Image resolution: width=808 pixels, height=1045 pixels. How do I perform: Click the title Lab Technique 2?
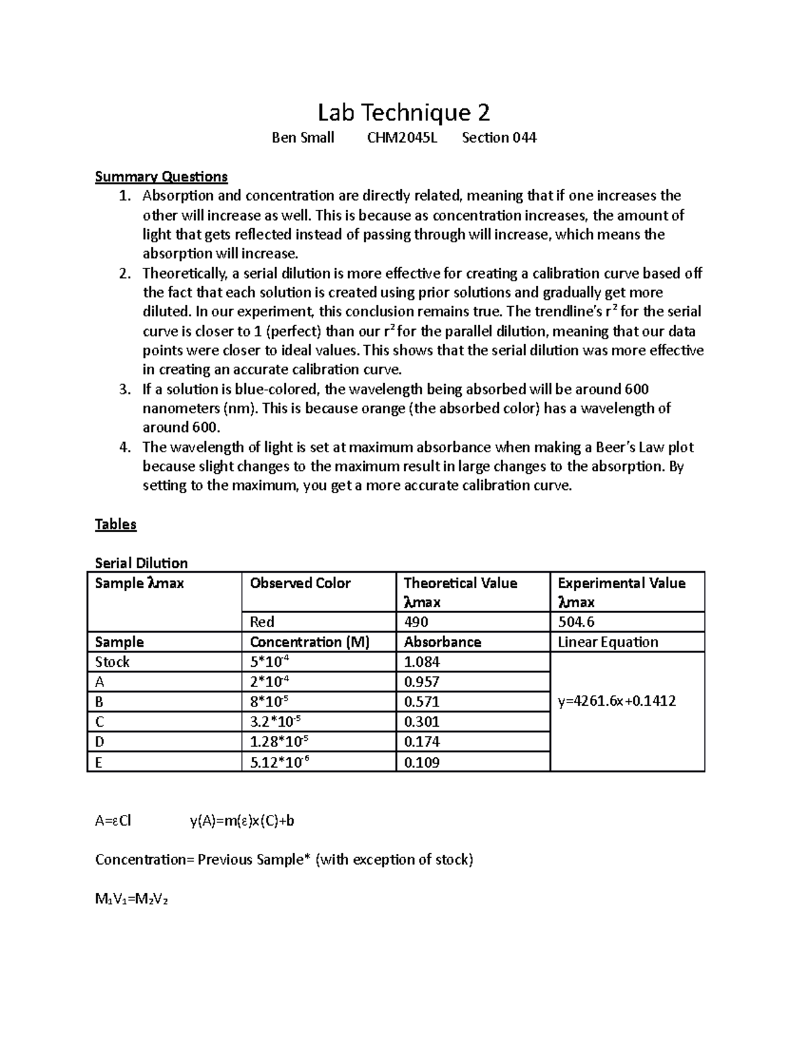[x=403, y=112]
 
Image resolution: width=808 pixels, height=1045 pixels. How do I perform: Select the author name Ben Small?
[x=302, y=138]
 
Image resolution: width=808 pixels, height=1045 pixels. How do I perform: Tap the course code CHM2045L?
[x=401, y=138]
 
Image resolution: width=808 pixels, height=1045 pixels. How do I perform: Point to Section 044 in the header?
[x=499, y=138]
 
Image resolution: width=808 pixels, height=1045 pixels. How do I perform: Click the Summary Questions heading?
[x=161, y=177]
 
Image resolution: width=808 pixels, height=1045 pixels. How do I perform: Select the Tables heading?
[x=116, y=525]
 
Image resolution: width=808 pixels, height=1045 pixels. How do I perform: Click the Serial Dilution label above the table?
[x=141, y=563]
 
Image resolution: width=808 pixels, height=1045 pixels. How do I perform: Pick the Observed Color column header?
[x=300, y=583]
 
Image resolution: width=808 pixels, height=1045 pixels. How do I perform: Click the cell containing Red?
[x=262, y=622]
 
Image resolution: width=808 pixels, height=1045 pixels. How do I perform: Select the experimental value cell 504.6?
[x=576, y=622]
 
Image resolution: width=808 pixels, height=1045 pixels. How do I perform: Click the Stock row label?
[x=112, y=662]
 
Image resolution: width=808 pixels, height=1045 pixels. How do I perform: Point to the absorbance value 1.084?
[x=422, y=662]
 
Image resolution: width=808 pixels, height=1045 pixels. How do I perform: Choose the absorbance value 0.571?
[x=422, y=702]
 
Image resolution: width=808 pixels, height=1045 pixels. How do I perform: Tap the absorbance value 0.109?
[x=422, y=762]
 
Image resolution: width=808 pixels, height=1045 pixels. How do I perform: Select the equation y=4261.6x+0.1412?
[x=617, y=701]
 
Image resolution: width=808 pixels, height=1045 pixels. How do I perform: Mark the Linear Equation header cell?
[x=608, y=642]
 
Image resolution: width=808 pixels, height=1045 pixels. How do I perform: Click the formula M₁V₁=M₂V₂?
[x=131, y=899]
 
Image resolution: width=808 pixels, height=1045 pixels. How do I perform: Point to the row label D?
[x=100, y=742]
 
